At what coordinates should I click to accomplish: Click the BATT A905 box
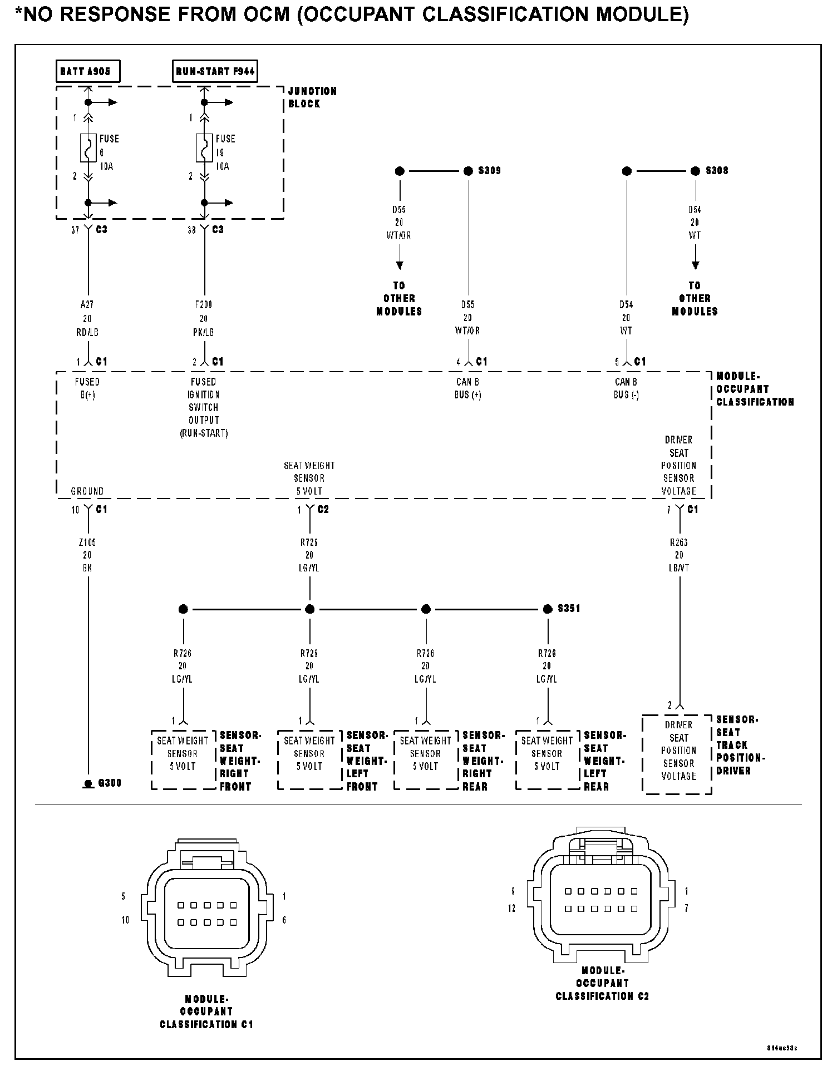(88, 72)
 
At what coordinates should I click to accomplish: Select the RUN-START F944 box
(215, 72)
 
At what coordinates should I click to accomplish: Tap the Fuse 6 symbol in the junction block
(88, 147)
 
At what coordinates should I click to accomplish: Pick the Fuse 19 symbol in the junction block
(204, 147)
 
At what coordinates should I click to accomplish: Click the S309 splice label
(489, 171)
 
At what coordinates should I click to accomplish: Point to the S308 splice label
(717, 171)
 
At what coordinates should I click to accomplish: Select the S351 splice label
(569, 609)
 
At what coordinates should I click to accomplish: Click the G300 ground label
(110, 783)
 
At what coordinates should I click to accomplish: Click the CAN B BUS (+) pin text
(467, 388)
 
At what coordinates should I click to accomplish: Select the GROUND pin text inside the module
(87, 491)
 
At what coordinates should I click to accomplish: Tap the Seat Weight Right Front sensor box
(183, 759)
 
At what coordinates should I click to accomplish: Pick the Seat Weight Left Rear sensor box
(548, 759)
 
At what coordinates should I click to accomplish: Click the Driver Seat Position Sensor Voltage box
(677, 754)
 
